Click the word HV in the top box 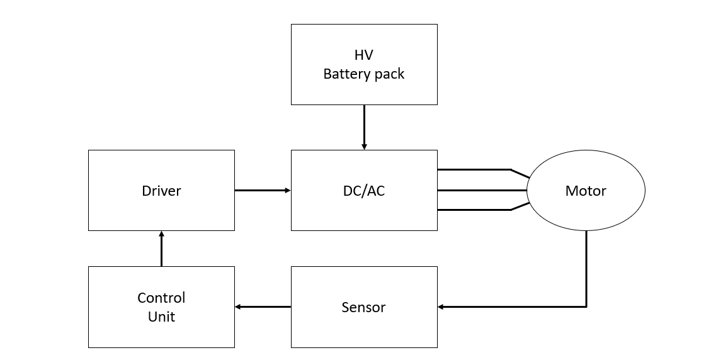[x=363, y=55]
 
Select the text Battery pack [x=363, y=74]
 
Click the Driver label [x=161, y=191]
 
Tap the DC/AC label [x=363, y=191]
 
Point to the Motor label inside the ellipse [x=586, y=191]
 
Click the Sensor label [x=363, y=307]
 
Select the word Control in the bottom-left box [x=161, y=298]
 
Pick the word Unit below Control [x=161, y=317]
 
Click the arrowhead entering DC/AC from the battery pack [x=364, y=147]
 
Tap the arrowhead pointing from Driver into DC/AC [x=288, y=190]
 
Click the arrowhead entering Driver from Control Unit [x=161, y=234]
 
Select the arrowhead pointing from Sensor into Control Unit [x=238, y=307]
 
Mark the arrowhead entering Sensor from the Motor [x=441, y=307]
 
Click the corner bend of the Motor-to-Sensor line [x=586, y=307]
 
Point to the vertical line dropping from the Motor [x=586, y=267]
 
